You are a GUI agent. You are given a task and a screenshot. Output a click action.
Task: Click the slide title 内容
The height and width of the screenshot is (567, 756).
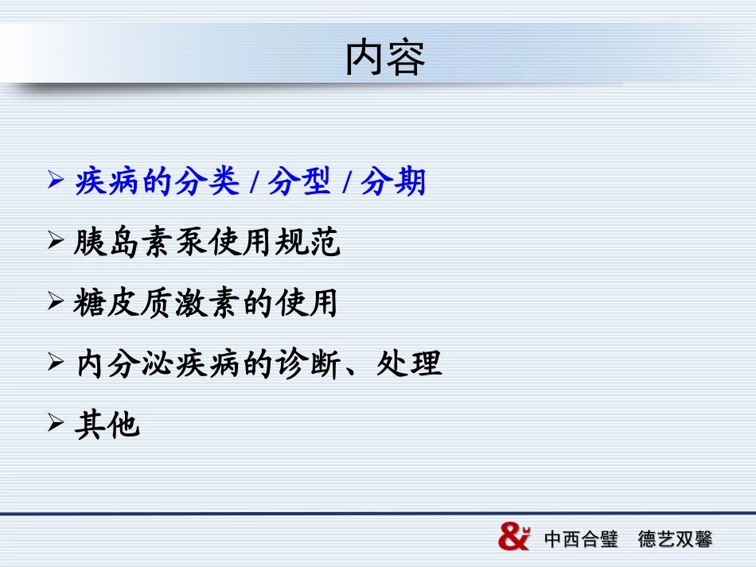(x=385, y=58)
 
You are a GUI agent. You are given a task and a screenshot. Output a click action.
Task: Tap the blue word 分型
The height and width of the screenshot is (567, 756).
(x=298, y=182)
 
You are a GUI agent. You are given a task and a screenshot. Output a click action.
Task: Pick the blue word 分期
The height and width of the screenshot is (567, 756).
(x=393, y=182)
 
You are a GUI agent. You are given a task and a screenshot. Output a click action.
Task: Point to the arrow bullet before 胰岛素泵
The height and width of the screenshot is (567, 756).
(x=56, y=239)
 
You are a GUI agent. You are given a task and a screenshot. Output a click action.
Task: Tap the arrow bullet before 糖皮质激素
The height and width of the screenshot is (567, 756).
(x=56, y=301)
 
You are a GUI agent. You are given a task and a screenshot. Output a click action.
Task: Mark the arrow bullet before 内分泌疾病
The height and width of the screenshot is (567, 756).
(x=56, y=363)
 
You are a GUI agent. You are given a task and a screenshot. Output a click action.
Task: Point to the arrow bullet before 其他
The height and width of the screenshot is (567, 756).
(x=56, y=423)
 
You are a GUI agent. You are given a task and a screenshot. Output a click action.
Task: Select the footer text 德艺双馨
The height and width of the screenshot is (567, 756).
(x=675, y=539)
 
